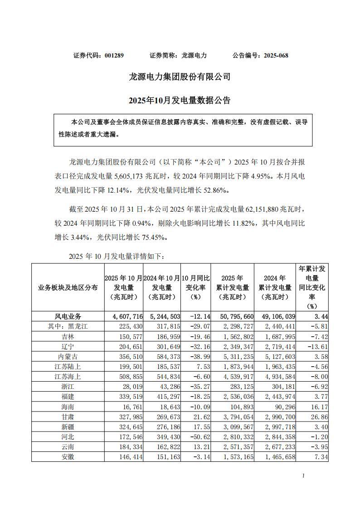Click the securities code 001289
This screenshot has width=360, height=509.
[114, 55]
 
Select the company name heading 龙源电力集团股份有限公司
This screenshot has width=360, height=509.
[180, 77]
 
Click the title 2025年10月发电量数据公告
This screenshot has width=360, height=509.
[180, 100]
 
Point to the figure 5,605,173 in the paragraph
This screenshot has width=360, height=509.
[138, 174]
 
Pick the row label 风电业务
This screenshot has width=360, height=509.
[68, 316]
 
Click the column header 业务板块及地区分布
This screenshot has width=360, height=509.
[68, 287]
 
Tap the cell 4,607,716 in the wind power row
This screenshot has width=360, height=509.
[124, 316]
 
